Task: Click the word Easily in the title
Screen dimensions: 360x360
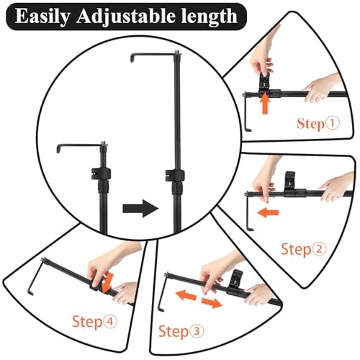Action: point(42,17)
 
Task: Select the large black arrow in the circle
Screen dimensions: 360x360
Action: point(140,208)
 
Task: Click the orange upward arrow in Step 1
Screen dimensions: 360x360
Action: point(265,104)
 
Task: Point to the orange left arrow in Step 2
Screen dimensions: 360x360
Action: point(268,212)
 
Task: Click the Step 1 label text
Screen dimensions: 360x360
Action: point(318,124)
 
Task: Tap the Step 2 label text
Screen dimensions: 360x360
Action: point(304,249)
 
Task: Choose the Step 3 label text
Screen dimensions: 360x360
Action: point(181,332)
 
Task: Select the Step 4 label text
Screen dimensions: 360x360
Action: point(95,322)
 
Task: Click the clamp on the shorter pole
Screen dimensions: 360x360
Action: point(102,174)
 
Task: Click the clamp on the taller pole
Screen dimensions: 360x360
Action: point(175,175)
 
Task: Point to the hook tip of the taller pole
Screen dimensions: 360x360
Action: point(132,60)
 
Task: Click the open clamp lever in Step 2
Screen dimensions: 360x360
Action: point(289,181)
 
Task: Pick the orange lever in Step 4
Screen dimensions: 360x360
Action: point(107,282)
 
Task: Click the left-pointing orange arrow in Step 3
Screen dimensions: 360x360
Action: point(186,294)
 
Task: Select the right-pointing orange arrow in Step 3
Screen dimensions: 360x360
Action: point(212,303)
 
